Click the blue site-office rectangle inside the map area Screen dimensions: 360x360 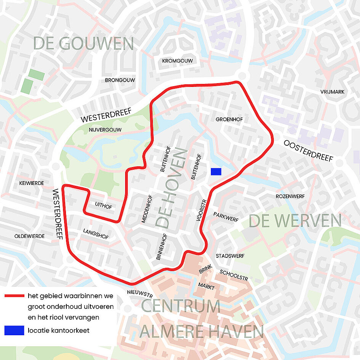216,172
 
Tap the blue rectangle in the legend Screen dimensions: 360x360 14,330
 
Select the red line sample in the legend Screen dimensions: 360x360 14,296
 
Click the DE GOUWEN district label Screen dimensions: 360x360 84,43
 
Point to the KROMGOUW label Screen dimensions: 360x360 177,61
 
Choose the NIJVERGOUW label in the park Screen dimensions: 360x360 105,130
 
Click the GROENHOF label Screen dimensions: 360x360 229,119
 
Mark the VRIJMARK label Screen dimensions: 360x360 332,92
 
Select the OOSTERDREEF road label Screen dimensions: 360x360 308,151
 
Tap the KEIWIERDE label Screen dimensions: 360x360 31,183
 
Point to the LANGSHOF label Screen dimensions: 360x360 96,234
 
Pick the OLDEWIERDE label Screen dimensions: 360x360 29,236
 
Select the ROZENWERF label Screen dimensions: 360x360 290,196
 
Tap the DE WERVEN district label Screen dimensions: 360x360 295,221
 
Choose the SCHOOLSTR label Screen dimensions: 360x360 234,275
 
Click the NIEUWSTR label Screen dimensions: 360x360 140,295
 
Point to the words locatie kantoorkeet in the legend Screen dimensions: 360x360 58,330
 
